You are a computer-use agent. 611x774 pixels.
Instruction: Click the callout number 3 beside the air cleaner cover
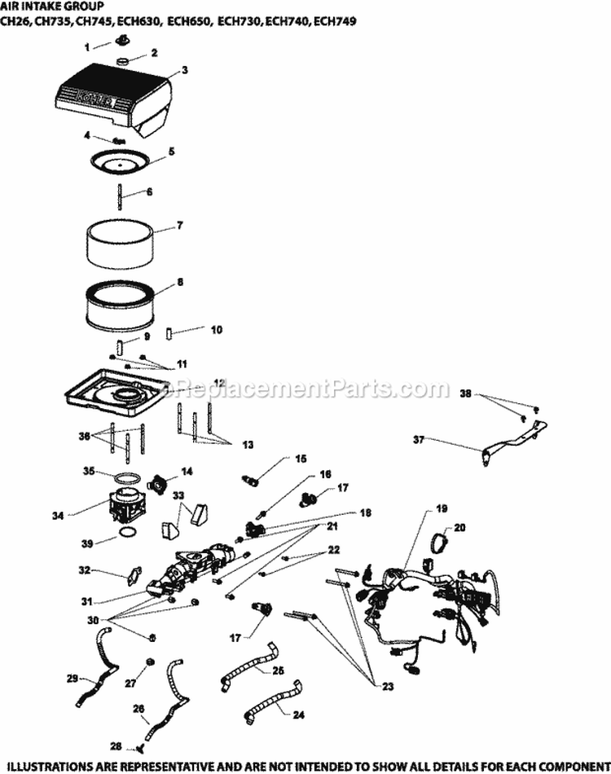(x=185, y=71)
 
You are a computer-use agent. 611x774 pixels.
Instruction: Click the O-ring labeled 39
(x=125, y=533)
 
